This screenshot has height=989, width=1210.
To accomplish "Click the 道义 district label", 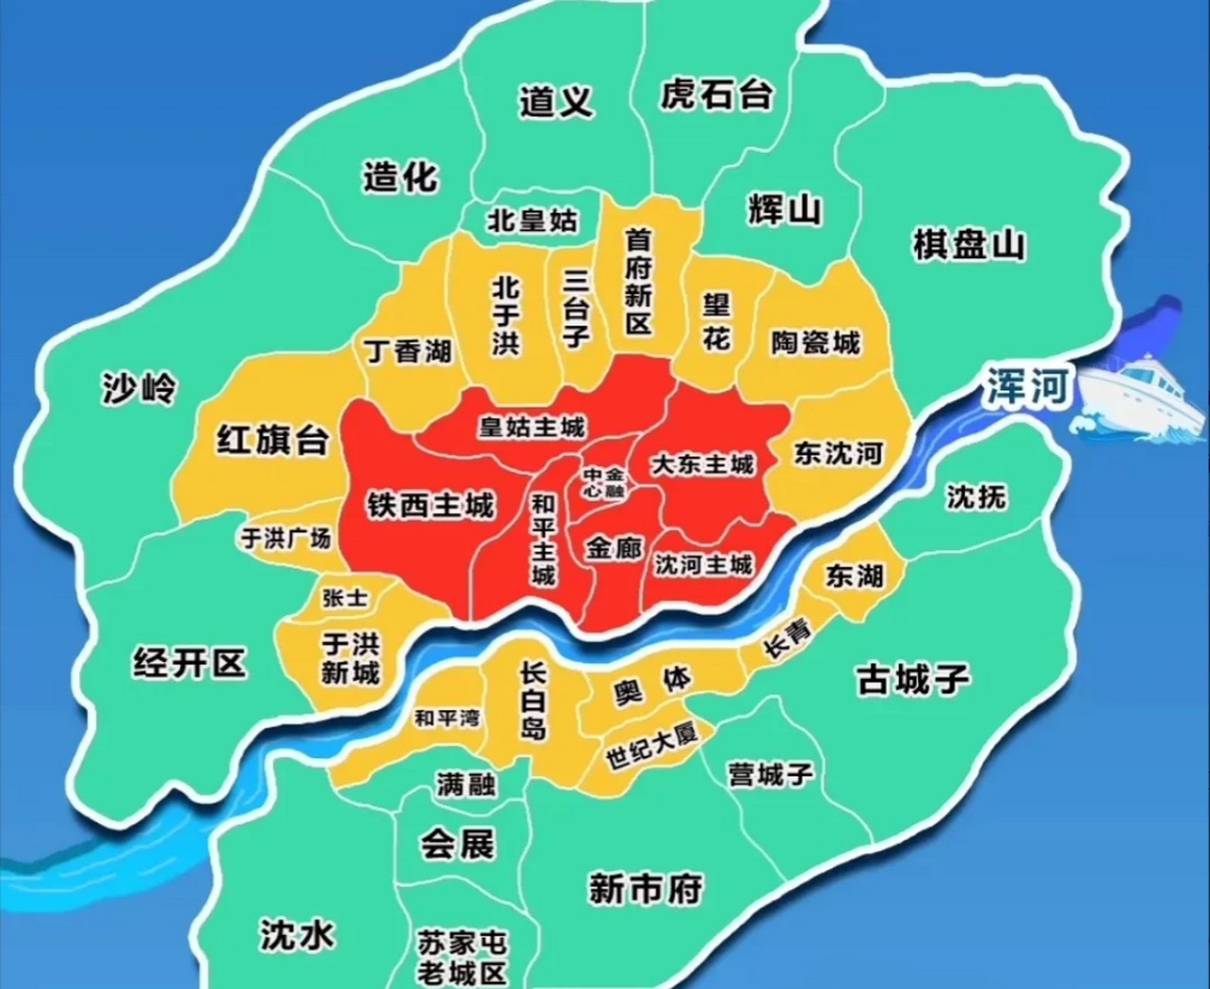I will pos(556,100).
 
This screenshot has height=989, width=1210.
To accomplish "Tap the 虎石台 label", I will pos(716,95).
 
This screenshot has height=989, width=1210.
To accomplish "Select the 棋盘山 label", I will pos(969,246).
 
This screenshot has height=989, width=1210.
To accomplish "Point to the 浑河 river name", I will pos(1027,386).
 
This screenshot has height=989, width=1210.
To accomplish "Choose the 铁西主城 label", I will pos(430,506).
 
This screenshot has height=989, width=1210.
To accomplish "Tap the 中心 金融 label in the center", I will pos(603,483).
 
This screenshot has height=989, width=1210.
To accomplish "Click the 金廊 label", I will pos(613,549).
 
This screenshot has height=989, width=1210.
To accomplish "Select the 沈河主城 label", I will pos(703,565).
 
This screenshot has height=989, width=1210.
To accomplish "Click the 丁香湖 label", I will pos(408,352).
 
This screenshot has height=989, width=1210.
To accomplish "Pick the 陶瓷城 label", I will pos(815,342).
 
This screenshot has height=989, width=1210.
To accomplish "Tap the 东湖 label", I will pos(854,576).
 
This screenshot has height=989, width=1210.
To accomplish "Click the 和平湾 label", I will pos(447,718).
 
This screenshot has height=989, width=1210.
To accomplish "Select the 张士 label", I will pos(345,598).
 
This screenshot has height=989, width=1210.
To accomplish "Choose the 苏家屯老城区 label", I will pos(461,957).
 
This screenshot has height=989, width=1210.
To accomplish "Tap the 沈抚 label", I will pos(977,497).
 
